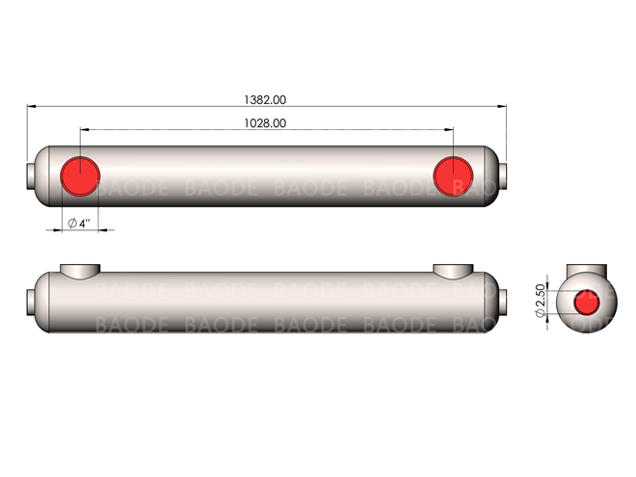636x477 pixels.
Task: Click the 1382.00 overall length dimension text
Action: (x=265, y=100)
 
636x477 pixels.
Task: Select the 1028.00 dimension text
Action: (x=265, y=123)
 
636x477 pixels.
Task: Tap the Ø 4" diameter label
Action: (x=79, y=224)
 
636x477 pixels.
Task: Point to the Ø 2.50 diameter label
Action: (x=540, y=301)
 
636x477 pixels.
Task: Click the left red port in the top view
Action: (x=80, y=176)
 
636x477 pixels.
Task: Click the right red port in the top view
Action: (x=453, y=176)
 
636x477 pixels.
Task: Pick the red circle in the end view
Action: (x=587, y=303)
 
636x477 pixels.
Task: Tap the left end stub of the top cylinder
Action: (x=31, y=176)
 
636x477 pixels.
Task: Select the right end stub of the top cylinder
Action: (x=502, y=176)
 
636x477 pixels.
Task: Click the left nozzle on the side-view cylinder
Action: (x=80, y=271)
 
